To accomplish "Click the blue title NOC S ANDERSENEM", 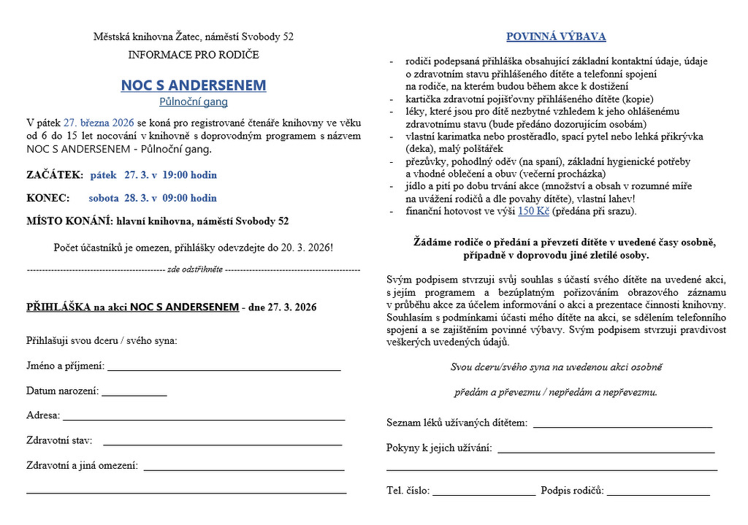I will tap(194, 85).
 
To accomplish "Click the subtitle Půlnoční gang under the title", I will tap(194, 102).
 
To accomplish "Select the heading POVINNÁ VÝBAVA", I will tap(556, 37).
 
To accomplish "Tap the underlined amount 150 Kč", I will tap(533, 212).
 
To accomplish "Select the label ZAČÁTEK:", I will tap(55, 175).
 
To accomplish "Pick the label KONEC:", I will tap(48, 198).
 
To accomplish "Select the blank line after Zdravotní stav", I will tap(223, 442).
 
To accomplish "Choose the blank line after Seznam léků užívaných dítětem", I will tap(622, 425).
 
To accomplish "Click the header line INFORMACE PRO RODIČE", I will tap(194, 55).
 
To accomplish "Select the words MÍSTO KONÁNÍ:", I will tap(68, 221).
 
